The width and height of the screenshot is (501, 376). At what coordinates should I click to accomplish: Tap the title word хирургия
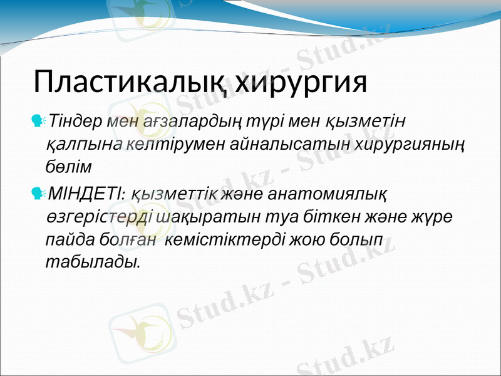(303, 82)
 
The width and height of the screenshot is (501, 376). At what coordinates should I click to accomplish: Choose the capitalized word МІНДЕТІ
(85, 191)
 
